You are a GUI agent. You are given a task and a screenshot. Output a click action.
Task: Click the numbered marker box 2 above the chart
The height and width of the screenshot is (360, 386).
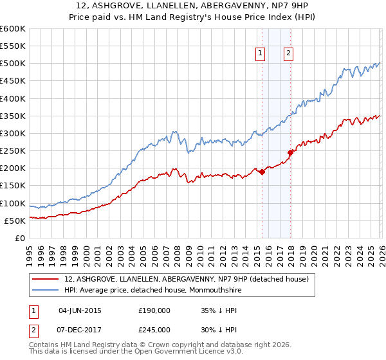pyautogui.click(x=288, y=54)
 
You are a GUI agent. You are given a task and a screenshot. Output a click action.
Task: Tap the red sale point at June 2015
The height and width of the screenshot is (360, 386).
pyautogui.click(x=262, y=172)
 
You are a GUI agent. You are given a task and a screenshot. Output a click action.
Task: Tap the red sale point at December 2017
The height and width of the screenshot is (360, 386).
pyautogui.click(x=290, y=152)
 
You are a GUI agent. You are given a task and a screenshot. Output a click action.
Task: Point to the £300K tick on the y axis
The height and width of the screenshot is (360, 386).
pyautogui.click(x=13, y=133)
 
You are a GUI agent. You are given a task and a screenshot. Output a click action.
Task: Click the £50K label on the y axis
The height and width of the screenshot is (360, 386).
pyautogui.click(x=15, y=221)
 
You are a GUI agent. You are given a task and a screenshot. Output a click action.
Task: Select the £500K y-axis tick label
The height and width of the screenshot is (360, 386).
pyautogui.click(x=13, y=64)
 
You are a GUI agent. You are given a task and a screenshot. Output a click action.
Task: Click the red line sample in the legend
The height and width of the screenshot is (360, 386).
pyautogui.click(x=46, y=279)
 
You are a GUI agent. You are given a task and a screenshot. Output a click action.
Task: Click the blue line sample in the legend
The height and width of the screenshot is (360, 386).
pyautogui.click(x=46, y=290)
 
